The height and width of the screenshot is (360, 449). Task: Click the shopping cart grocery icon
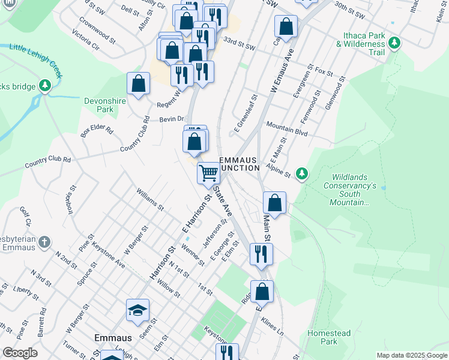tap(208, 173)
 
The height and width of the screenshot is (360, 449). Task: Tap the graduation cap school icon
tap(137, 310)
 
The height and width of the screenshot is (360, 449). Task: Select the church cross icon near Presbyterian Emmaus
tap(44, 242)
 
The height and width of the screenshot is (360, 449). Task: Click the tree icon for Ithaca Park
tap(394, 43)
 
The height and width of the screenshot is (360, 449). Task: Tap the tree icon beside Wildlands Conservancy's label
tap(303, 174)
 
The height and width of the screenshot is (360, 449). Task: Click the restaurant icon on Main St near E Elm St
tap(261, 253)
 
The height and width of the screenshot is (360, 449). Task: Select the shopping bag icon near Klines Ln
tap(262, 292)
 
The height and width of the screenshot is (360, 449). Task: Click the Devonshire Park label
tap(106, 106)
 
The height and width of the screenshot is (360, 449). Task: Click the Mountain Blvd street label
tap(287, 129)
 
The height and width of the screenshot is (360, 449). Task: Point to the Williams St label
tap(149, 199)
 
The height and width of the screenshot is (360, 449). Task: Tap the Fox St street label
tap(324, 71)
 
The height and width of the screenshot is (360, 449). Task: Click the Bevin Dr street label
tap(171, 120)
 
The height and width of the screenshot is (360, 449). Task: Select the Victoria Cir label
tap(85, 40)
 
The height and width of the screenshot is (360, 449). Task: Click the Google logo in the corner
tap(20, 353)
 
